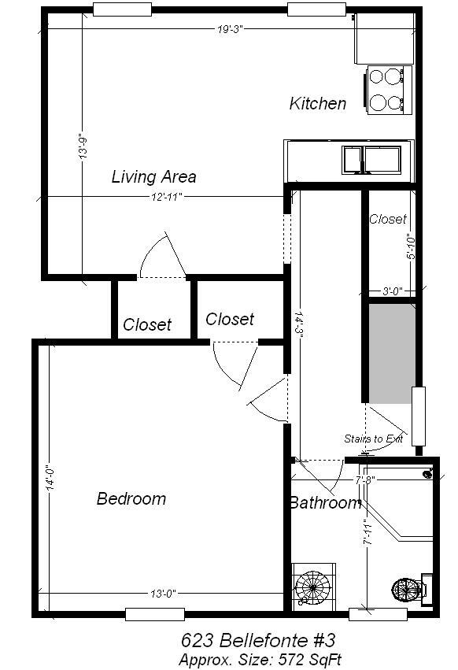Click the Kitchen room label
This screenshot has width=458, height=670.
pyautogui.click(x=317, y=103)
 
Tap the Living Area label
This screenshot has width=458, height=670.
pyautogui.click(x=153, y=176)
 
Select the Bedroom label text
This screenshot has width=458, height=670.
pyautogui.click(x=131, y=498)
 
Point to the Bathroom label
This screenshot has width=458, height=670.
pyautogui.click(x=326, y=502)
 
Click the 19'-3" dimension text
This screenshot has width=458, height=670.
pyautogui.click(x=230, y=29)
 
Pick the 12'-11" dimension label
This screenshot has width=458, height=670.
pyautogui.click(x=167, y=197)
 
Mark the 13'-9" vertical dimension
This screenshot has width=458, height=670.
pyautogui.click(x=83, y=147)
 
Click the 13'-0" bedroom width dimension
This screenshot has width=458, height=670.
pyautogui.click(x=163, y=594)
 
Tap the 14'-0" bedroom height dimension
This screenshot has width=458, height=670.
pyautogui.click(x=50, y=477)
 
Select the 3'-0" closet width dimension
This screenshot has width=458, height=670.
pyautogui.click(x=392, y=291)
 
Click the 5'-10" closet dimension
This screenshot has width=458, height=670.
pyautogui.click(x=411, y=246)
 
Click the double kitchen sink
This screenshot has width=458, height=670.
pyautogui.click(x=371, y=160)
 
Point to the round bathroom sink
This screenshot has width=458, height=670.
pyautogui.click(x=313, y=587)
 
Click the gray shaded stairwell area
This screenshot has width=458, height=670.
pyautogui.click(x=392, y=354)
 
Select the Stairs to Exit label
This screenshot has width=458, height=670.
pyautogui.click(x=374, y=439)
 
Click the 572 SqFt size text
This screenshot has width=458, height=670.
pyautogui.click(x=310, y=659)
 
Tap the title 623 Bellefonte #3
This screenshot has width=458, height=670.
pyautogui.click(x=258, y=641)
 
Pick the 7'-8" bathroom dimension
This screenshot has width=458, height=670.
pyautogui.click(x=365, y=479)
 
